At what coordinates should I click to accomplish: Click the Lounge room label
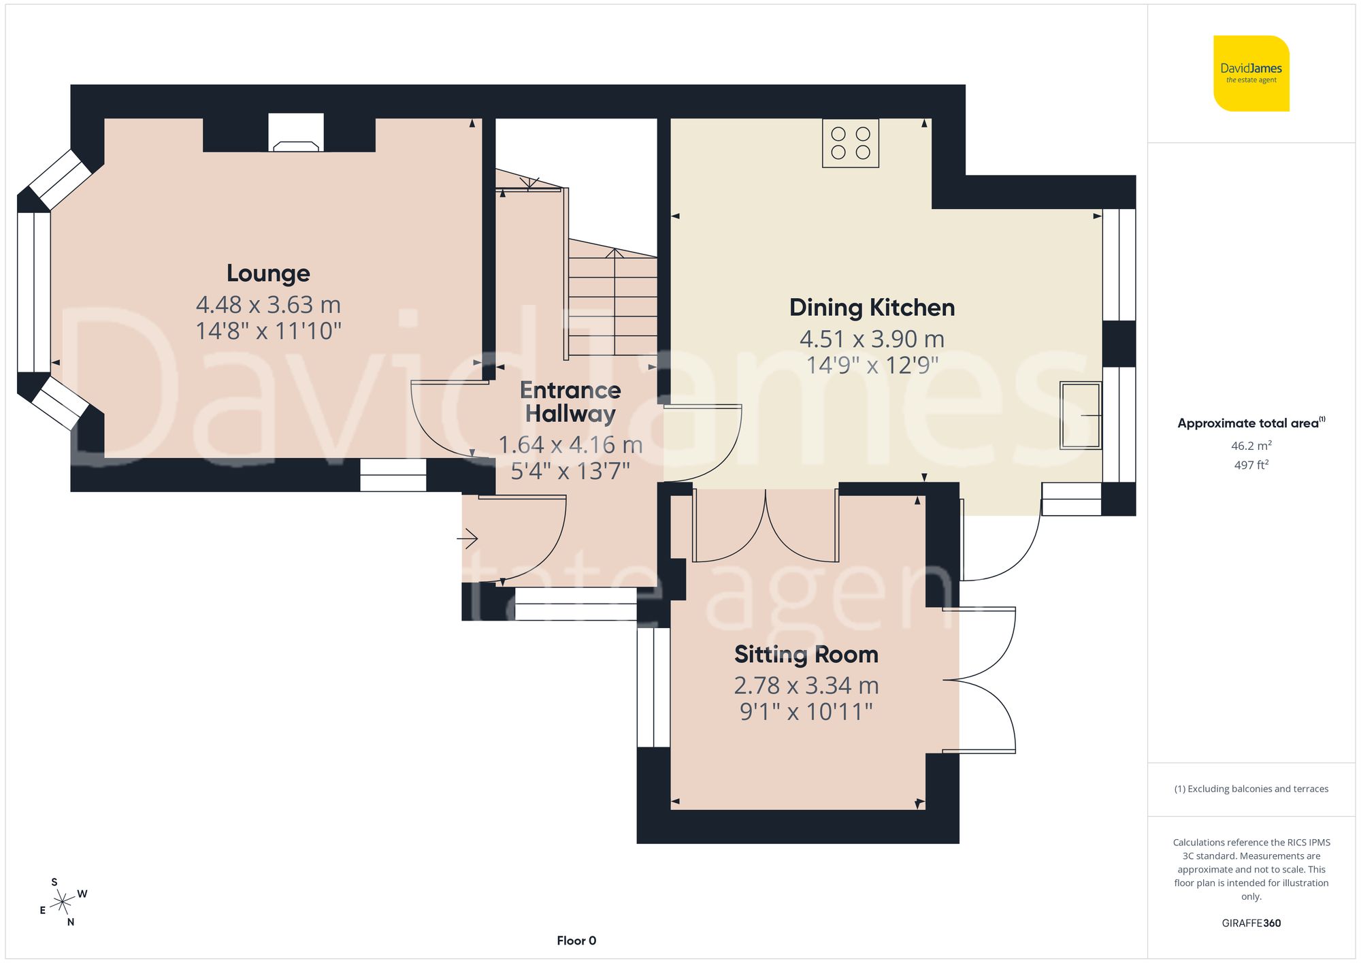pos(268,273)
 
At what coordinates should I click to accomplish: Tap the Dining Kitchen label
pos(872,308)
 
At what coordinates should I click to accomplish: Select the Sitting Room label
pos(806,655)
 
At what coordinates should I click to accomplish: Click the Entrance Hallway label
pos(570,402)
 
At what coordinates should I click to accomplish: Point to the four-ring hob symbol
pos(851,144)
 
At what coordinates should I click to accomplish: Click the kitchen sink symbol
pos(1081,415)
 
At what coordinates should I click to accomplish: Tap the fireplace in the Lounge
pos(296,134)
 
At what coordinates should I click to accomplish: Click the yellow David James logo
pos(1251,74)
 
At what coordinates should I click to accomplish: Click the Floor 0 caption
pos(576,941)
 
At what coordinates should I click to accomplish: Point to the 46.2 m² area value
pos(1251,446)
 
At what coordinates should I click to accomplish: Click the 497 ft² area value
pos(1251,465)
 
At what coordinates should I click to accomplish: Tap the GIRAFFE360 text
pos(1251,923)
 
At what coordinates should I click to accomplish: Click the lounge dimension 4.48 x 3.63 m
pos(268,305)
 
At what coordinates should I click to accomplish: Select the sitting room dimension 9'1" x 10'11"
pos(806,712)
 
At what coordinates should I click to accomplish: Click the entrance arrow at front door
pos(468,540)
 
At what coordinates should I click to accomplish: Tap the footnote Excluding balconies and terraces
pos(1251,789)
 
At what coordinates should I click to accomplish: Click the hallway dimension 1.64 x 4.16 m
pos(570,445)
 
